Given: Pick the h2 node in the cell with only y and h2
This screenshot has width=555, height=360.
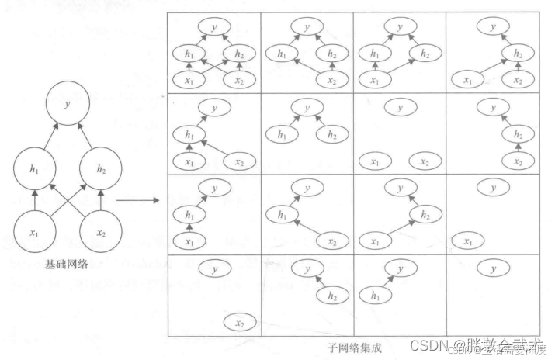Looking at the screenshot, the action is point(331,296).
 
